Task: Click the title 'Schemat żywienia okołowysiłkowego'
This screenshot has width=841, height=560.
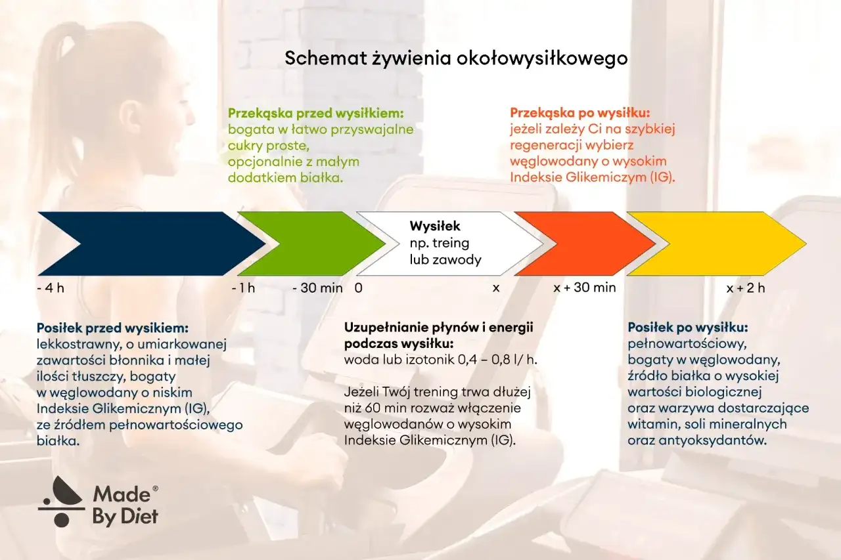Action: pos(456,58)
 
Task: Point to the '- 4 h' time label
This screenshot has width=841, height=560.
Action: pos(51,288)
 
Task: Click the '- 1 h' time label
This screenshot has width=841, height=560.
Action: pos(243,288)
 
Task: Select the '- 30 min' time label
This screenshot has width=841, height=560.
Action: pos(317,288)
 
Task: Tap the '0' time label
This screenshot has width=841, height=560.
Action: pos(358,288)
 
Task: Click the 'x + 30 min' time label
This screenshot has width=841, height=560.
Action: pos(585,288)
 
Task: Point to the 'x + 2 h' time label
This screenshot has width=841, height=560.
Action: pos(746,288)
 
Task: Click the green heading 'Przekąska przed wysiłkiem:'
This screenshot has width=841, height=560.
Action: pos(315,113)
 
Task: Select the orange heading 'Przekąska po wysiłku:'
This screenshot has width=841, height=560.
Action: pos(580,113)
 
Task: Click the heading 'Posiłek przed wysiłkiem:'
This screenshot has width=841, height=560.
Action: pos(113,327)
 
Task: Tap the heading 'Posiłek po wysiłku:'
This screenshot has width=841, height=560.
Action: pos(688,327)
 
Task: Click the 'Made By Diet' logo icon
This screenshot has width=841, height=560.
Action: pos(60,502)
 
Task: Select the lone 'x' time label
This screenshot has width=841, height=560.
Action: pos(496,288)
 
